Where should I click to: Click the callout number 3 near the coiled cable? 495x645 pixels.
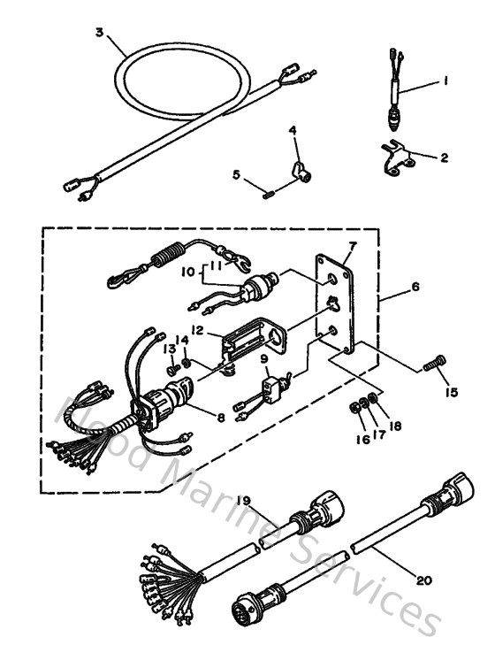[100, 33]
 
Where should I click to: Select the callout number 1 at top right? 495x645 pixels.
[446, 81]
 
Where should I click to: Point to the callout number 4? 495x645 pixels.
[293, 132]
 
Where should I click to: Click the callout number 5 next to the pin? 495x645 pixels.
[236, 175]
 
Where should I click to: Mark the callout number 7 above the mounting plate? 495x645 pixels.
[351, 245]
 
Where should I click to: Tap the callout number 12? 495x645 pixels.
[197, 331]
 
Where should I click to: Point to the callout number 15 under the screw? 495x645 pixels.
[453, 391]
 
